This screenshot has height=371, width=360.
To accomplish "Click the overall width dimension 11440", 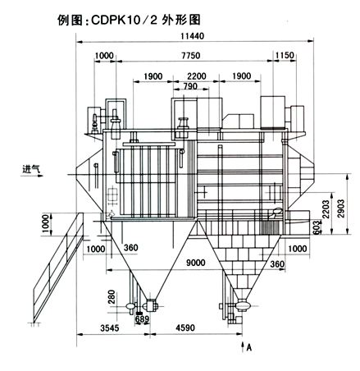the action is [193, 36].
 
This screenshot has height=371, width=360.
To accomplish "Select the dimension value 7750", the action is [191, 56].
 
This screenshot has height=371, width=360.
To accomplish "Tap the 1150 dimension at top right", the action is [285, 55].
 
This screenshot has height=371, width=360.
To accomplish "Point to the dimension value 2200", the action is [197, 76].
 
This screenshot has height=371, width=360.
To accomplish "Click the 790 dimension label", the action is [190, 86].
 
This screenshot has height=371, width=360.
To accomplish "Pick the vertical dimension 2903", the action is [341, 208].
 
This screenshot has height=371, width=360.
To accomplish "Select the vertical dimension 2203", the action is [326, 209].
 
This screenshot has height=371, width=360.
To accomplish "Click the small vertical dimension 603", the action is [316, 227].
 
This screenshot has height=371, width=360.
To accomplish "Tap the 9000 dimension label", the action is [195, 263].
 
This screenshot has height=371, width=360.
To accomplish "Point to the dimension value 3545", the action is [110, 327].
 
